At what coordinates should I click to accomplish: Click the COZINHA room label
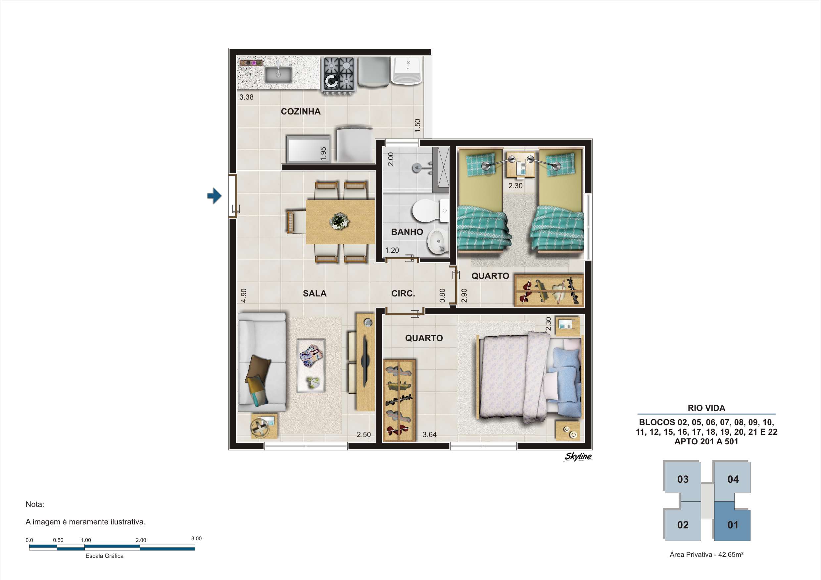pyautogui.click(x=300, y=112)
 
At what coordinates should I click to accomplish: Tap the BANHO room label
pyautogui.click(x=407, y=232)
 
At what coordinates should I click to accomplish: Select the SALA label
pyautogui.click(x=315, y=293)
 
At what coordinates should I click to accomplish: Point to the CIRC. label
pyautogui.click(x=403, y=293)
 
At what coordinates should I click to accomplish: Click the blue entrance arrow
pyautogui.click(x=214, y=196)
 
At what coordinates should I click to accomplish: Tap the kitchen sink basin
pyautogui.click(x=278, y=75)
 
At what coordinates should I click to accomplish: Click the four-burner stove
pyautogui.click(x=338, y=75)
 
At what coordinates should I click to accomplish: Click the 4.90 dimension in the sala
pyautogui.click(x=244, y=295)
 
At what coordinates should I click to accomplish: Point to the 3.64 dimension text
pyautogui.click(x=429, y=434)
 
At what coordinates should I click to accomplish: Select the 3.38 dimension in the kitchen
pyautogui.click(x=246, y=97)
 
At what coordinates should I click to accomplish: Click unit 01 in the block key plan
pyautogui.click(x=732, y=525)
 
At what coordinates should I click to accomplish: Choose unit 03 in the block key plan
pyautogui.click(x=683, y=479)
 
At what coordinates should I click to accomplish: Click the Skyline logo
pyautogui.click(x=578, y=457)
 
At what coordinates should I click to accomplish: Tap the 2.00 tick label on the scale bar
pyautogui.click(x=141, y=540)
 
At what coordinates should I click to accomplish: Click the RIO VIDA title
pyautogui.click(x=706, y=408)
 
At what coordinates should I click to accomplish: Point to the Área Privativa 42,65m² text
pyautogui.click(x=706, y=554)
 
